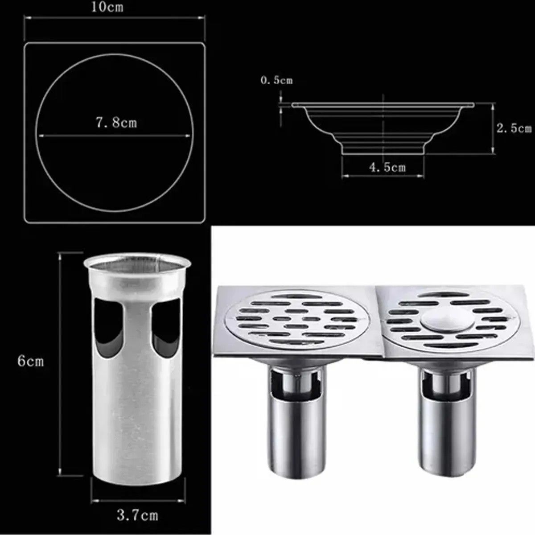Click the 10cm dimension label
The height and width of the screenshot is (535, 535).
(x=107, y=7)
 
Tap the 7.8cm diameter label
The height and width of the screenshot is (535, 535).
(x=117, y=123)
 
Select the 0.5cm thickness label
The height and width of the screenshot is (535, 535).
(x=276, y=81)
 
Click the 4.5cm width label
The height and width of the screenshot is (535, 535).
(x=387, y=167)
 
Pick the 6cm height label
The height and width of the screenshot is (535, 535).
(x=31, y=362)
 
